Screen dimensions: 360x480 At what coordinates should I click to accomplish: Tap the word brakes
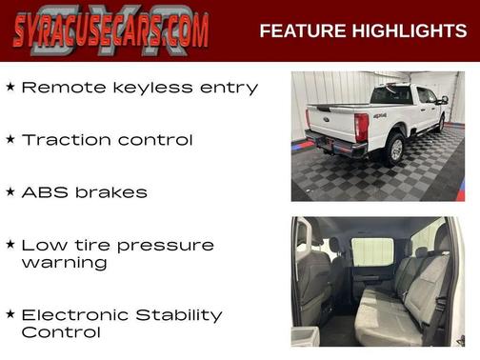pos(110,192)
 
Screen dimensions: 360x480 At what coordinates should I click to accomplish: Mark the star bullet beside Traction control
pos(10,139)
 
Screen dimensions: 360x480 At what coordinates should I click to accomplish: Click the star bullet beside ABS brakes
pos(10,191)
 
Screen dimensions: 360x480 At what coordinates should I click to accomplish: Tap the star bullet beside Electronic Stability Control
pos(10,313)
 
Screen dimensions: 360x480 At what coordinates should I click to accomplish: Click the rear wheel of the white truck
pos(393,148)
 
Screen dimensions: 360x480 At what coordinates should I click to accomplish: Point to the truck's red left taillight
pos(361,126)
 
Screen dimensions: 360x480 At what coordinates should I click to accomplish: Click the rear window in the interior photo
pos(372,252)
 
